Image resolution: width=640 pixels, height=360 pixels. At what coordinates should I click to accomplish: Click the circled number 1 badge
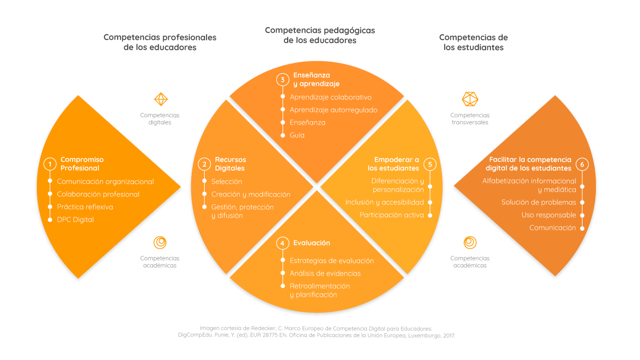(x=50, y=164)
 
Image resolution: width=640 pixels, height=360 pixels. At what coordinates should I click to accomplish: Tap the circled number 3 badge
(x=283, y=80)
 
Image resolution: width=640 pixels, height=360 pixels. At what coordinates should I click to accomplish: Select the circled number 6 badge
(x=582, y=164)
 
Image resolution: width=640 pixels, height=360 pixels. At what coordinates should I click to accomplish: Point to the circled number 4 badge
(x=282, y=243)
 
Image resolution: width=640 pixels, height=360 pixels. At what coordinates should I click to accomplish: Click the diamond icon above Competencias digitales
(x=161, y=99)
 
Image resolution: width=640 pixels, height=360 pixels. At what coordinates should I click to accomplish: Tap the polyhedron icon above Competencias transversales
(x=470, y=99)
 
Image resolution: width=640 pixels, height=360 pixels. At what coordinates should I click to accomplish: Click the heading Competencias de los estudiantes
(x=473, y=42)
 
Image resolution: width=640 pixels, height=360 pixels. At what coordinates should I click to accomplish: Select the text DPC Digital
(x=75, y=219)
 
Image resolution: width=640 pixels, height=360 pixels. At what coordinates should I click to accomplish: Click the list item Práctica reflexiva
(x=85, y=207)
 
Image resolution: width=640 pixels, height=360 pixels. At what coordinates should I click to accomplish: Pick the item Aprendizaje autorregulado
(x=334, y=110)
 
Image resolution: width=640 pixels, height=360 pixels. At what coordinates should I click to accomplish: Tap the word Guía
(x=297, y=135)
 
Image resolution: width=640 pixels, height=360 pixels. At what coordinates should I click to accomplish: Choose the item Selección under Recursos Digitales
(x=226, y=181)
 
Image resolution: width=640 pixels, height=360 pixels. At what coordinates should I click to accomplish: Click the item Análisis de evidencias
(x=325, y=273)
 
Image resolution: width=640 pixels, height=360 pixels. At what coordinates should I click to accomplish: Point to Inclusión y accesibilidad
(x=385, y=202)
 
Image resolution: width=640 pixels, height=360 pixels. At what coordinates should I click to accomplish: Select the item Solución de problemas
(x=539, y=202)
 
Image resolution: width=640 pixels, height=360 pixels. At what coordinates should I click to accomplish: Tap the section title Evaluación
(x=312, y=243)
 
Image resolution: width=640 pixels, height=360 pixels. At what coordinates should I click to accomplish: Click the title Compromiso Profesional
(x=82, y=164)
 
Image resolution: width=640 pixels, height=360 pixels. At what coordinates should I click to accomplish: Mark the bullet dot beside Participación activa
(x=430, y=215)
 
